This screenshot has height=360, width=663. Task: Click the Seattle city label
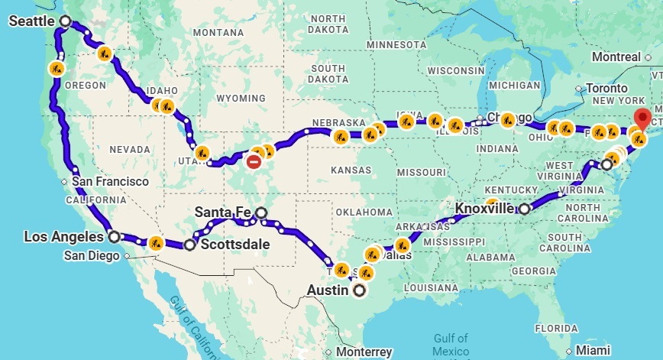pyautogui.click(x=32, y=21)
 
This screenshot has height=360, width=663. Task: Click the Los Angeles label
pyautogui.click(x=64, y=236)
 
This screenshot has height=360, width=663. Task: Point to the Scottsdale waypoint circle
pyautogui.click(x=190, y=245)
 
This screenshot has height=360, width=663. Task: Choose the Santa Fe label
pyautogui.click(x=223, y=212)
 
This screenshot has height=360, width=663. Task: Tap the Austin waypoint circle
pyautogui.click(x=359, y=290)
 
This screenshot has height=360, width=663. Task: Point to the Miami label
pyautogui.click(x=593, y=349)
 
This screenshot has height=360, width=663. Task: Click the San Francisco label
pyautogui.click(x=111, y=181)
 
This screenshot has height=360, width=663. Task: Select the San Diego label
pyautogui.click(x=91, y=255)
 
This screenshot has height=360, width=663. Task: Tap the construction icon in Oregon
pyautogui.click(x=56, y=67)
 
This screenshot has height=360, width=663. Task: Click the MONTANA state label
pyautogui.click(x=218, y=33)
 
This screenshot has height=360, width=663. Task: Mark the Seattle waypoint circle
pyautogui.click(x=65, y=21)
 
